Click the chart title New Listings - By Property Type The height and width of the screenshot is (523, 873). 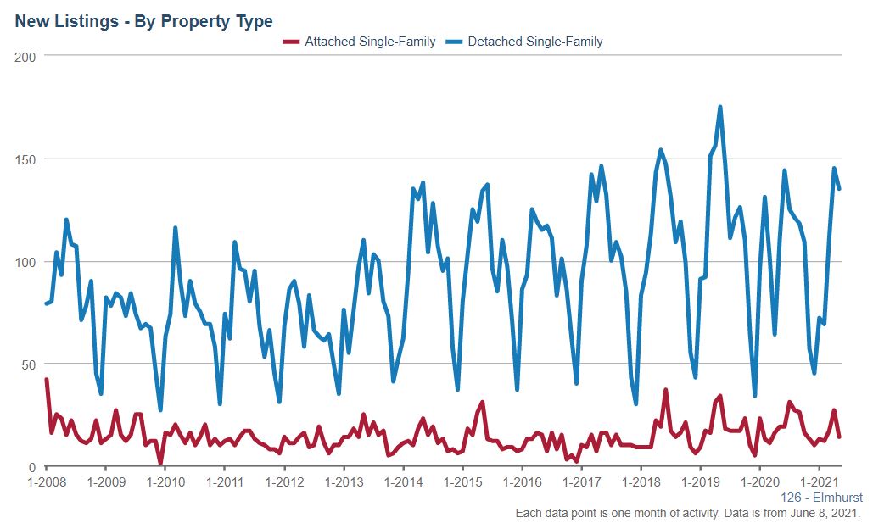143,21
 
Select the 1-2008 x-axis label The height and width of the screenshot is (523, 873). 47,482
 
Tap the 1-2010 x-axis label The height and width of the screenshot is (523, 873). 165,482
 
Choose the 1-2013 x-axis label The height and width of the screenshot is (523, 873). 344,482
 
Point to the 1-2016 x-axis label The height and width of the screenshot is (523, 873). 522,482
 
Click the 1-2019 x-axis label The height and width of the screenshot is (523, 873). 700,482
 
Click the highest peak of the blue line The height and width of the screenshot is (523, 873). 719,107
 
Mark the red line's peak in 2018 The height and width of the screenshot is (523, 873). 666,391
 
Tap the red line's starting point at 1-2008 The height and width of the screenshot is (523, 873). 47,380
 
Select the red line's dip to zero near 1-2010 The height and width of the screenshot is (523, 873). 160,464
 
